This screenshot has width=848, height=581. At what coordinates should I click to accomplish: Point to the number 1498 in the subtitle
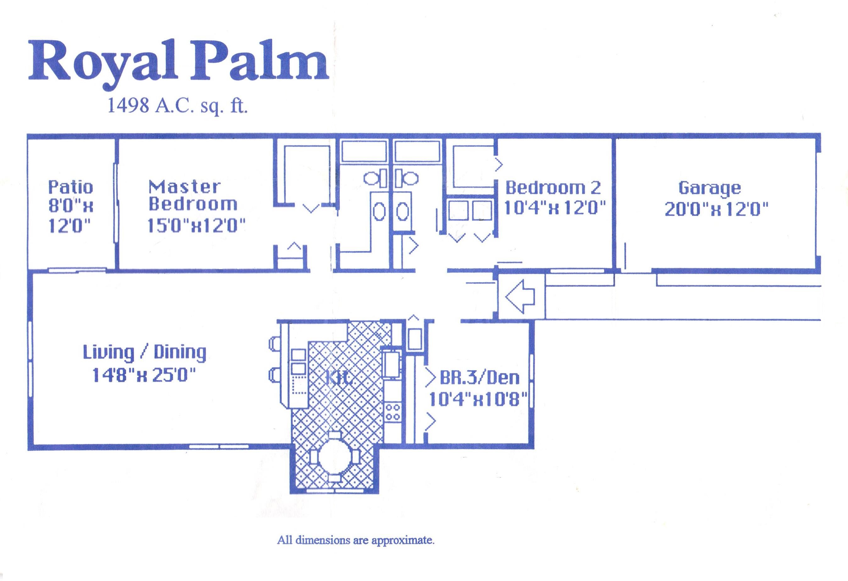(x=128, y=106)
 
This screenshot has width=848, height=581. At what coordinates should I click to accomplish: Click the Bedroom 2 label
(x=553, y=188)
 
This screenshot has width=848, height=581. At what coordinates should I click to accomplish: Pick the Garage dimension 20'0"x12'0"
(x=716, y=209)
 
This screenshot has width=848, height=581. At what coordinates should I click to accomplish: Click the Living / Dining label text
(x=145, y=352)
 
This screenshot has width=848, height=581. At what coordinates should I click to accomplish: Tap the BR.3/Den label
(x=479, y=377)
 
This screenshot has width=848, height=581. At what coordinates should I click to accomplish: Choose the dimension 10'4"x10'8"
(x=478, y=399)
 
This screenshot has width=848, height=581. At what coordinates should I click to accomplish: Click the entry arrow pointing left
(x=520, y=297)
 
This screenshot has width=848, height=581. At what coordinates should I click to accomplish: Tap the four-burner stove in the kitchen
(x=393, y=411)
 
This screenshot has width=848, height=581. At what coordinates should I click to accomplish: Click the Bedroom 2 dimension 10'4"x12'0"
(x=554, y=209)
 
